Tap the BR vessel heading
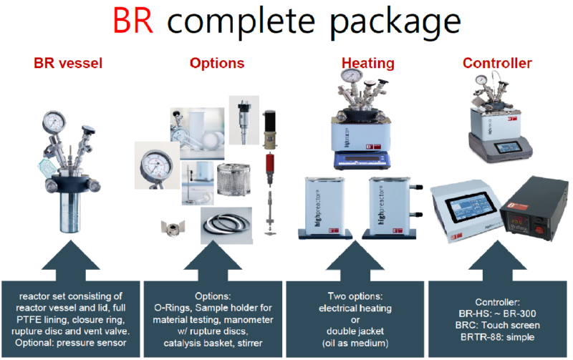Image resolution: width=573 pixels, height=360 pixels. (x=68, y=64)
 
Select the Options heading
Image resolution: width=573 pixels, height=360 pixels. (x=216, y=64)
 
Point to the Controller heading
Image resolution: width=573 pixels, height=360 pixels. (x=497, y=64)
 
